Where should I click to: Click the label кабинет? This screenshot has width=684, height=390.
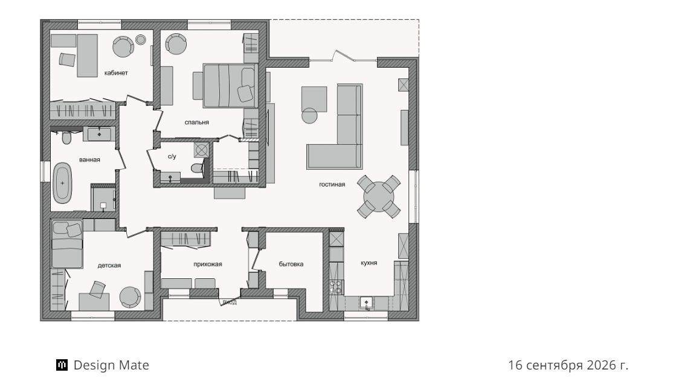116,73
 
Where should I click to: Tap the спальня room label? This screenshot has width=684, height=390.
197,123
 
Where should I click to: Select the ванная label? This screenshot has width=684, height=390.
89,159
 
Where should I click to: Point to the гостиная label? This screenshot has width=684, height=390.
332,184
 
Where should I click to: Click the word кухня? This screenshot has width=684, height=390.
369,263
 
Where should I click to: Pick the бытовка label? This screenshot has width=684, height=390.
291,264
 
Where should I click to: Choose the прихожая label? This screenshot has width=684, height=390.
208,264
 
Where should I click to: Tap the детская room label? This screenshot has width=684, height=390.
109,266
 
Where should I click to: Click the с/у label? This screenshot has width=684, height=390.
172,156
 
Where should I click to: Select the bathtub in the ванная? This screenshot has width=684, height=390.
62,183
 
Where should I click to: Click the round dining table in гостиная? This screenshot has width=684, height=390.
379,196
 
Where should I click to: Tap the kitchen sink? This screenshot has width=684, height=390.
366,302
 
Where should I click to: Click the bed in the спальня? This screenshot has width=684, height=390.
230,85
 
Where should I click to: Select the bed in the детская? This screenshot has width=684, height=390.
66,244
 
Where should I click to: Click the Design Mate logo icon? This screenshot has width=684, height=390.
62,365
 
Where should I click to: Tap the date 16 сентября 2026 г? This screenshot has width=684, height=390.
568,365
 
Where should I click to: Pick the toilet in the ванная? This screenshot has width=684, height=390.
66,138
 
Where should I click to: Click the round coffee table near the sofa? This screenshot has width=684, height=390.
309,115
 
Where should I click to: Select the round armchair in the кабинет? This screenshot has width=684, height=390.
123,46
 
